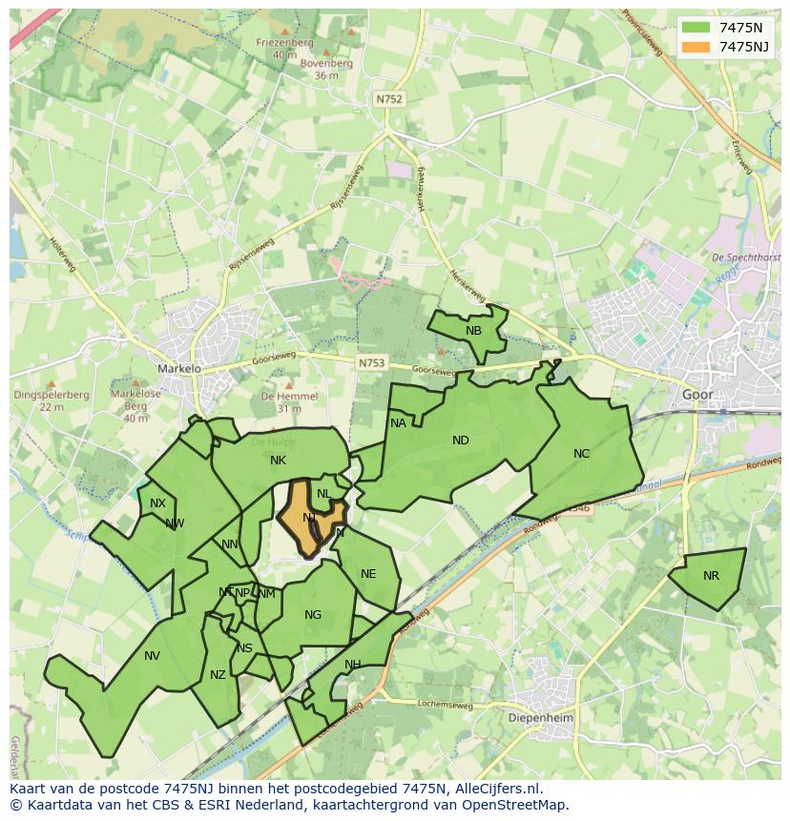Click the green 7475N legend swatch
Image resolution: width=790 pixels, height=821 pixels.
[696, 27]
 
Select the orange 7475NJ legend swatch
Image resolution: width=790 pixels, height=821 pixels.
[696, 46]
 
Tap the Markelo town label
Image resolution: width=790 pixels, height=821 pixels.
[179, 368]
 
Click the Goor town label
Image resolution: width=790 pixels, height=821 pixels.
[697, 394]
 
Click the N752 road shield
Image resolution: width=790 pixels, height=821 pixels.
[388, 99]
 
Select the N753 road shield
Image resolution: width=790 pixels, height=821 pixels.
[372, 363]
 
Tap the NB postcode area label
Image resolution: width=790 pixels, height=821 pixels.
[473, 331]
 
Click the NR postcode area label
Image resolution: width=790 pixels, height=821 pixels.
[711, 576]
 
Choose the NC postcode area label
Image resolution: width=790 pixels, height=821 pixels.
[581, 454]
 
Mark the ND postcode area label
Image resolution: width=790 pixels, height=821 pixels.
[461, 441]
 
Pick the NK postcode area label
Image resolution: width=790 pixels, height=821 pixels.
[278, 461]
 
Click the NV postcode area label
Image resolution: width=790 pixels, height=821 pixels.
[152, 655]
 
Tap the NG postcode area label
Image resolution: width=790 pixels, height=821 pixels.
[313, 615]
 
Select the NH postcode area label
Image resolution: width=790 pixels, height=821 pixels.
[353, 665]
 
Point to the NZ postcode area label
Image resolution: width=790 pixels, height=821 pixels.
[218, 675]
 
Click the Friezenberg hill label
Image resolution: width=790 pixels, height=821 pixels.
[284, 42]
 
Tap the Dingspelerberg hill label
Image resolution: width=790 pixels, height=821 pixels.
[39, 395]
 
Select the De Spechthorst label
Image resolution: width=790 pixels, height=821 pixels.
[746, 257]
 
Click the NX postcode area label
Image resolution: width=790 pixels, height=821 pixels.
[157, 503]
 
